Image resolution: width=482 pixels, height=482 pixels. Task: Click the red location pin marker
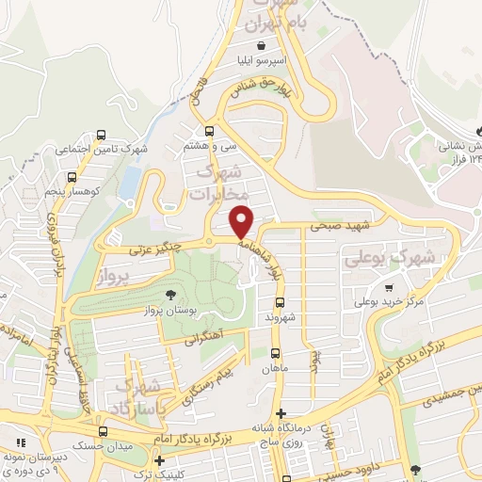[242, 221]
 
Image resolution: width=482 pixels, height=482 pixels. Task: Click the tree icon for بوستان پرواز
[169, 296]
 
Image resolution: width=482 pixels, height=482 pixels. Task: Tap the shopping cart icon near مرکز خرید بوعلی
[389, 287]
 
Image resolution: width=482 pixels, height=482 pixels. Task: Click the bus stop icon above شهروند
[279, 302]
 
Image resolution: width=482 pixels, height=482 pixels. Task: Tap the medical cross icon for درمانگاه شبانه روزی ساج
[281, 413]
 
